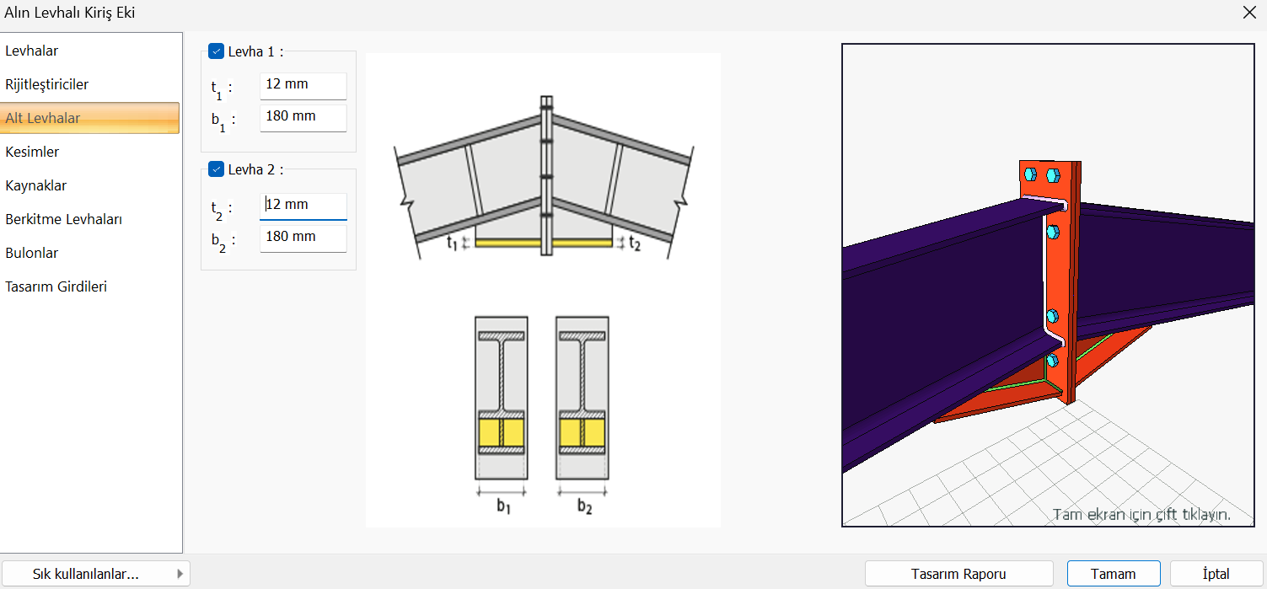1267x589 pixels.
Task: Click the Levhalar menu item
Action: (x=32, y=51)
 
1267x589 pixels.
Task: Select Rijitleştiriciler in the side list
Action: (x=47, y=85)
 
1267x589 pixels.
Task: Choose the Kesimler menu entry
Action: (x=32, y=152)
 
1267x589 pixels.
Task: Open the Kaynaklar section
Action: (x=35, y=185)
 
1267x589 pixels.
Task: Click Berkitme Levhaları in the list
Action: (x=64, y=219)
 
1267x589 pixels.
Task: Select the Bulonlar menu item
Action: (x=32, y=254)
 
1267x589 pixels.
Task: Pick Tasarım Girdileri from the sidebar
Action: (x=56, y=286)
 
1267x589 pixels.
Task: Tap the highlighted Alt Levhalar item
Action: (x=90, y=118)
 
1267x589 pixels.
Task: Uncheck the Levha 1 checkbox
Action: (x=216, y=51)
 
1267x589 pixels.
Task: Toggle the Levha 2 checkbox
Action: (x=216, y=169)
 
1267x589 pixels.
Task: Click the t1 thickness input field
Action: (x=303, y=85)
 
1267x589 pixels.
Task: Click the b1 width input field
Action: (x=303, y=118)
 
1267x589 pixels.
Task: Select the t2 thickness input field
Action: (x=303, y=206)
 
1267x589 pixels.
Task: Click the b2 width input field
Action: (x=303, y=238)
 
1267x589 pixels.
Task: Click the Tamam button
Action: (x=1113, y=574)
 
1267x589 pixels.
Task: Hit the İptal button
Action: (x=1216, y=574)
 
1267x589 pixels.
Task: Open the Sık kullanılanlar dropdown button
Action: (x=95, y=574)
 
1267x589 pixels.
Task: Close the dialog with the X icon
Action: (x=1249, y=13)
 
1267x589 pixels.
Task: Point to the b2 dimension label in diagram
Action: (x=584, y=506)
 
